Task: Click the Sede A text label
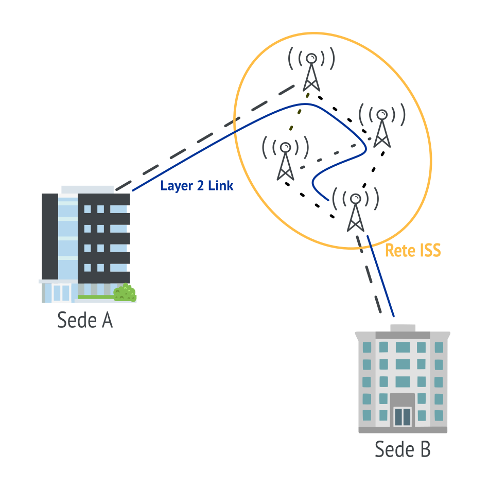tap(85, 320)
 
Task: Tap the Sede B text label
tap(402, 449)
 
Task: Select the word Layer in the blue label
tap(175, 186)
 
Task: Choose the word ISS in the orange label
tap(430, 251)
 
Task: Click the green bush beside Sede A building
tap(125, 293)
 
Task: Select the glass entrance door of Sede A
tap(61, 292)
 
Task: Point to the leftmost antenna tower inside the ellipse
tap(285, 160)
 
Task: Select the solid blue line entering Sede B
tap(382, 278)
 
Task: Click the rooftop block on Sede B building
tap(403, 328)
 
